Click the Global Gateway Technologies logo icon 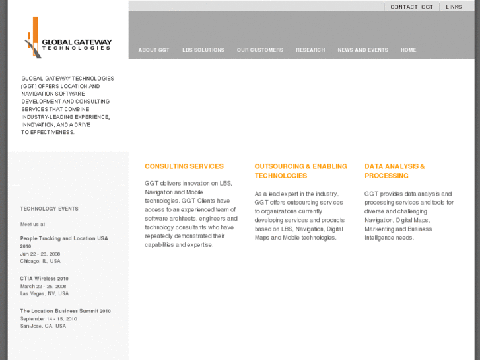pos(32,37)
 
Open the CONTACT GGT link pos(411,7)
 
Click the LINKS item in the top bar pos(454,7)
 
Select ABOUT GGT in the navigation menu pos(154,50)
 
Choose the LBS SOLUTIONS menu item pos(203,50)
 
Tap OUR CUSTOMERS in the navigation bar pos(260,50)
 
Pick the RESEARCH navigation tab pos(310,50)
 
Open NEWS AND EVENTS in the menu pos(362,50)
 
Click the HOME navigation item pos(408,50)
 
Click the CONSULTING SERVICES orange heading pos(184,166)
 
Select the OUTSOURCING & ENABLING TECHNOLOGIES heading pos(300,171)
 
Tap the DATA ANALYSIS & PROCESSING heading pos(394,171)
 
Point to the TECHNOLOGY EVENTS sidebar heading pos(49,209)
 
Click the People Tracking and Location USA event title pos(63,238)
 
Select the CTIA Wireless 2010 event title pos(44,279)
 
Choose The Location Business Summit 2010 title pos(65,311)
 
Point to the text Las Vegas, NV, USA pos(44,293)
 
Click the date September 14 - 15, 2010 pos(48,319)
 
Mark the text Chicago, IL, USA pos(40,261)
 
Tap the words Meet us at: pos(33,224)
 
